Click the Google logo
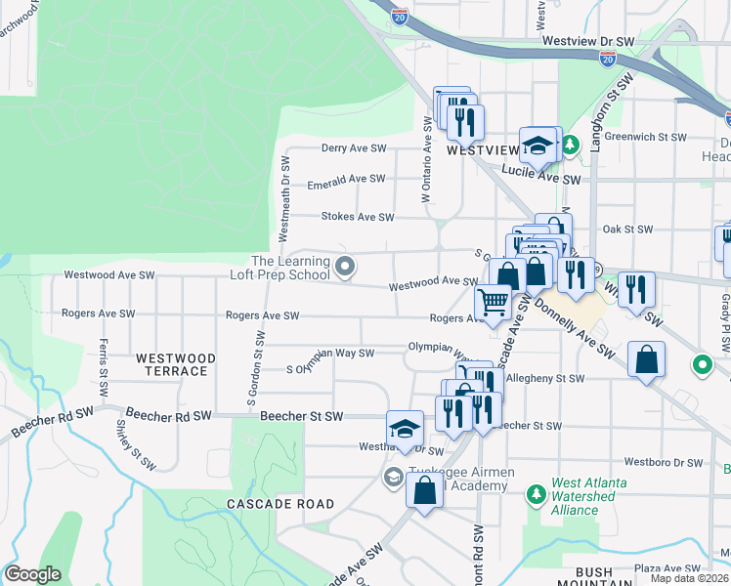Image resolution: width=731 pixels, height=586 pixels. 32,574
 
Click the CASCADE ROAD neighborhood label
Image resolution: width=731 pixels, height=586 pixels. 280,504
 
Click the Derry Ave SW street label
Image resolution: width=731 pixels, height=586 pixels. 355,148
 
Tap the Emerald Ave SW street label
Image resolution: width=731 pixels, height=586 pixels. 346,179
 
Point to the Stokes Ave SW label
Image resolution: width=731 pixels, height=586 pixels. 358,218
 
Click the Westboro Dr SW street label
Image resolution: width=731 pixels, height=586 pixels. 665,461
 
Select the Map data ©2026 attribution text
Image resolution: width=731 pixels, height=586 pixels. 690,578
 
